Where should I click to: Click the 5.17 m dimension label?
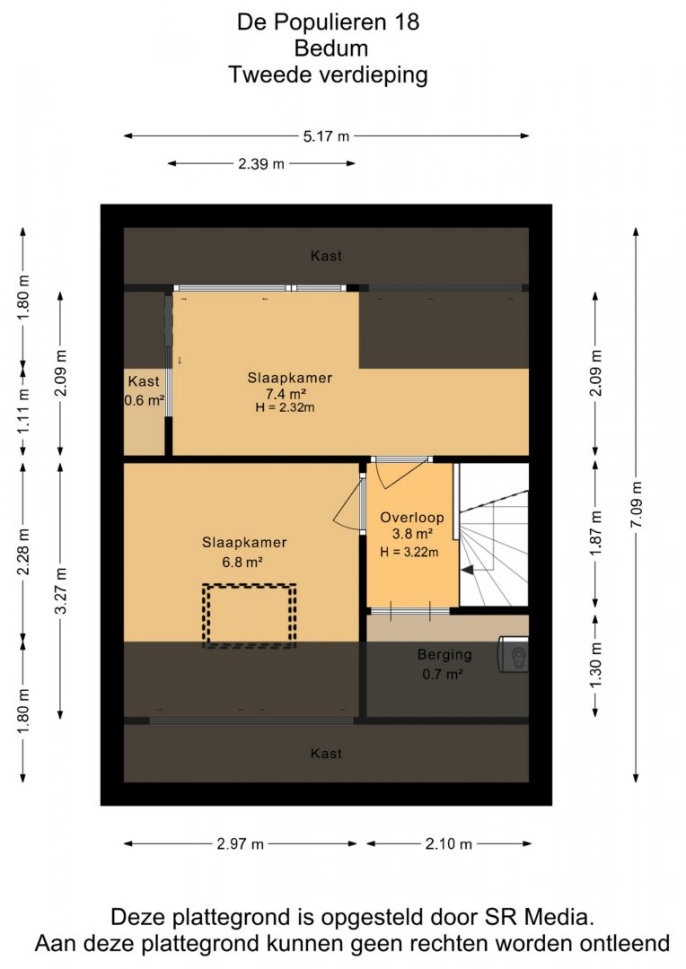326,136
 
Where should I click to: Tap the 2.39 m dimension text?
261,164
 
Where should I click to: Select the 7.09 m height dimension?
636,504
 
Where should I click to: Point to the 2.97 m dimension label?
240,843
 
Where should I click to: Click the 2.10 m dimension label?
448,843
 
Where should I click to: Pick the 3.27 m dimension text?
61,590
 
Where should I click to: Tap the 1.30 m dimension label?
595,666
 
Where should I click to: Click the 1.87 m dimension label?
595,533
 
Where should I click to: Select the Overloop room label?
412,518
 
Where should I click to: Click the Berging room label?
444,654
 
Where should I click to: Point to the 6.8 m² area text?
242,563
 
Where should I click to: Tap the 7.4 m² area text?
286,394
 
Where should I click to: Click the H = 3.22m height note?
409,552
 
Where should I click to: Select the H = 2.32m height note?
285,407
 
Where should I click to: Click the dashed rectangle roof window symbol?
250,616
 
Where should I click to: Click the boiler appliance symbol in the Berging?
513,654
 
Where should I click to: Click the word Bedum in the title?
331,48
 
